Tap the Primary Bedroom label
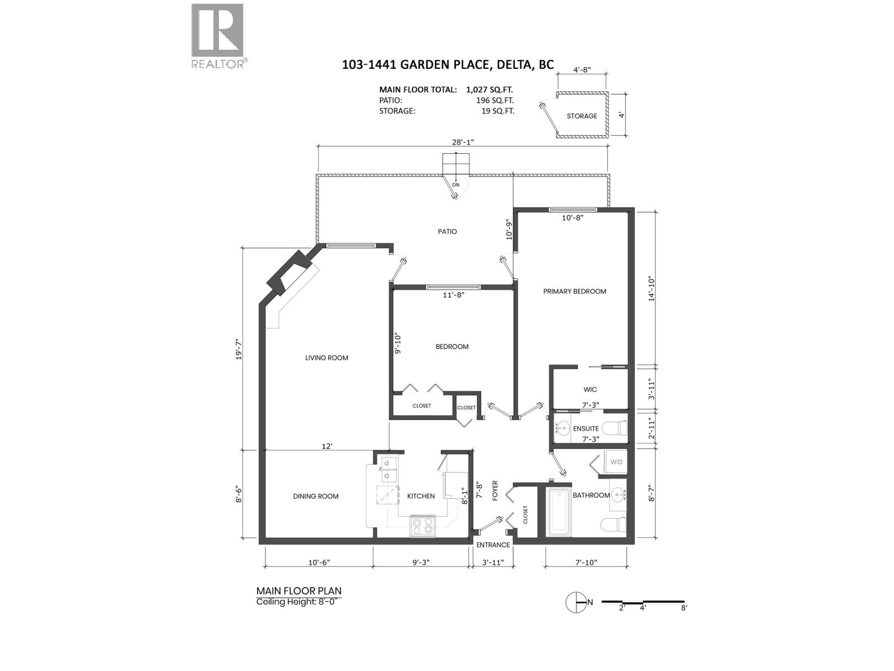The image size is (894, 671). pos(574,291)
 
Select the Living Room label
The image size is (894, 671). pos(326,358)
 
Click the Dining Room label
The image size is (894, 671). pos(316,496)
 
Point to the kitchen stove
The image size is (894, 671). pos(422,526)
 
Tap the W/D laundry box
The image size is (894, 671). pos(616,462)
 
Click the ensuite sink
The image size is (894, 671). pos(562,429)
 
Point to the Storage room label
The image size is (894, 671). pos(582,116)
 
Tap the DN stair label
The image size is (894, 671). pos(456,185)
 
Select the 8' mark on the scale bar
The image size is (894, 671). pos(684,608)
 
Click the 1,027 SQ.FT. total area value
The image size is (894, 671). pos(489,89)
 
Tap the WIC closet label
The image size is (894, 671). pos(590,390)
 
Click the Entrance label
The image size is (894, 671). pos(493,545)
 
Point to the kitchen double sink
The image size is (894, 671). pos(387,470)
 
